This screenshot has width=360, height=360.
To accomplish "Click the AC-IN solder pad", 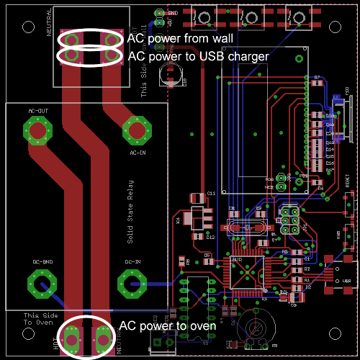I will point(137,130).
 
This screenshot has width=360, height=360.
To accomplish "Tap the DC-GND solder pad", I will point(42,282).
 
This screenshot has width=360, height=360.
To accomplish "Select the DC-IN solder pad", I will point(132,282).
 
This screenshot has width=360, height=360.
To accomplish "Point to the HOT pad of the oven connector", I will point(73,337).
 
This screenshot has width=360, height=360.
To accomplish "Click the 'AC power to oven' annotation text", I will point(167,326).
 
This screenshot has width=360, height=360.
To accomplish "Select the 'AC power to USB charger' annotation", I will point(198,55).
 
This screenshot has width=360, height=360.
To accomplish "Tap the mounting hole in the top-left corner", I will point(28,27).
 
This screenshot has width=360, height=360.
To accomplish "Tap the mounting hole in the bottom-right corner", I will point(333,333).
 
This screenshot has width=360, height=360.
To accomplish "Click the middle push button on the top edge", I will point(250,15).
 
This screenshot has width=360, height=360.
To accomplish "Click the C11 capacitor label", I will point(212,194).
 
